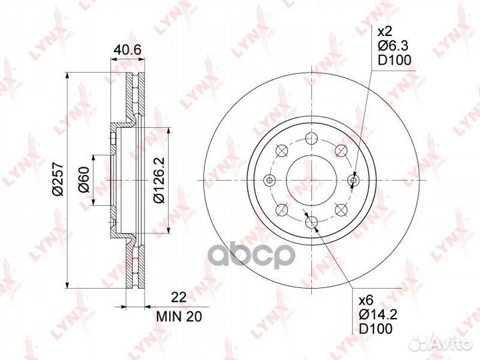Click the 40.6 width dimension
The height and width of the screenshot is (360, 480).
127,49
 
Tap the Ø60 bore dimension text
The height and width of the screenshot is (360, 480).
83,180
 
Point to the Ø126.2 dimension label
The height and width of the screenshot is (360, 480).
159,180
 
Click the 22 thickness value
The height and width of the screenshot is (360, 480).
179,297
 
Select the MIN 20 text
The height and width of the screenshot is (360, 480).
179,317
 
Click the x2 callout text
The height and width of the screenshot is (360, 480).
385,33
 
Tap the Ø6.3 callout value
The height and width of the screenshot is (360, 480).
393,46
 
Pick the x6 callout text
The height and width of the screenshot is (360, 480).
366,301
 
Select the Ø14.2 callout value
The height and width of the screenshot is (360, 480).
378,315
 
